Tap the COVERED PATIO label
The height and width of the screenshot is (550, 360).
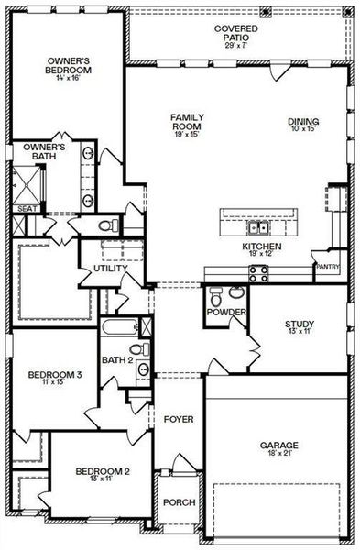[x=235, y=29]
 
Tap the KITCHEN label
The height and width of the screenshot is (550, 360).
[x=261, y=247]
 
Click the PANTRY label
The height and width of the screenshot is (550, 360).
[x=326, y=268]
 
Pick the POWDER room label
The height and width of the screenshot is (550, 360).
[x=227, y=313]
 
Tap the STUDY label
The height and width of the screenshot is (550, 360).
[x=300, y=324]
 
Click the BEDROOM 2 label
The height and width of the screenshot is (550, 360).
[x=103, y=471]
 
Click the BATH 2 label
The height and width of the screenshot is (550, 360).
[x=117, y=359]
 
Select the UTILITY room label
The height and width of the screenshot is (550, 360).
[x=110, y=269]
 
